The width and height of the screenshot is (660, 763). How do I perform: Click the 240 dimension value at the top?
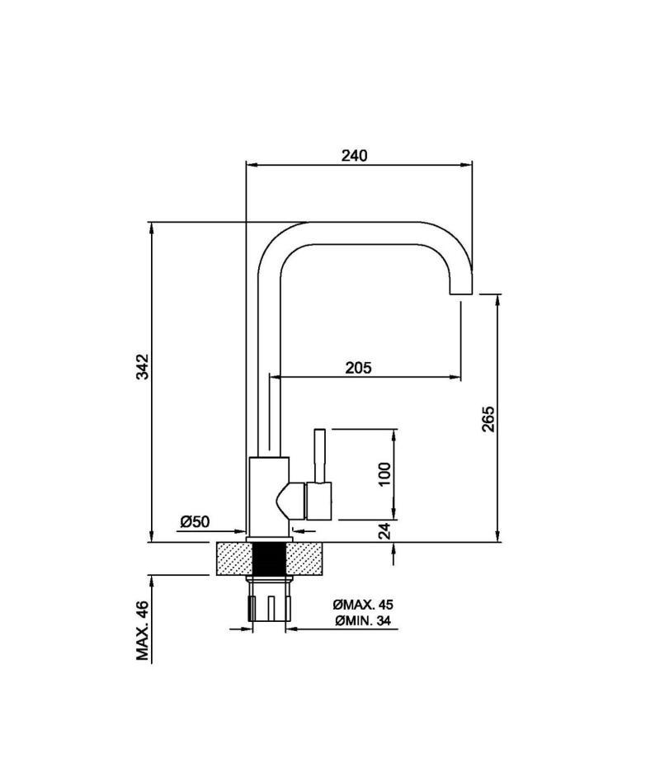click(x=354, y=156)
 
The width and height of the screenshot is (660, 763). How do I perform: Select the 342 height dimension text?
click(x=142, y=366)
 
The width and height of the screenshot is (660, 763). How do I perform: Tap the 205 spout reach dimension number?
click(x=358, y=367)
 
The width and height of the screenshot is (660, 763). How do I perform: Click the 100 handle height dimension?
click(x=384, y=474)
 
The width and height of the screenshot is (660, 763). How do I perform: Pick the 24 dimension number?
click(x=384, y=531)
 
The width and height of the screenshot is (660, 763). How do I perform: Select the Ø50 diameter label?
click(x=195, y=521)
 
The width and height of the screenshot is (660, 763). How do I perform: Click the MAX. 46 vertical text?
click(x=142, y=631)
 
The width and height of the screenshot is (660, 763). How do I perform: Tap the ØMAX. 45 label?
click(x=363, y=605)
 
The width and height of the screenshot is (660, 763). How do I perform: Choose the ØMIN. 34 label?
click(x=363, y=620)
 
